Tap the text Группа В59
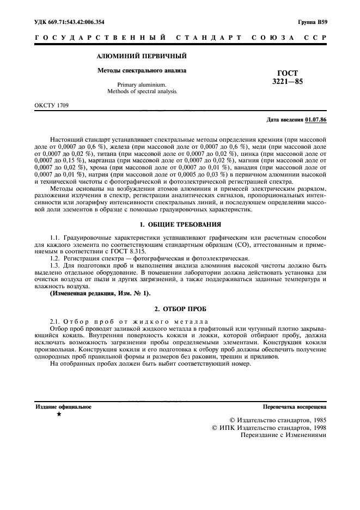point(313,21)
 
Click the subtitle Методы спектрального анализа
point(142,70)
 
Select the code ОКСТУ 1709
point(52,104)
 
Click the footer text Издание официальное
point(63,406)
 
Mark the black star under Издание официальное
point(59,415)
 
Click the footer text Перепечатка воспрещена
point(294,406)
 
